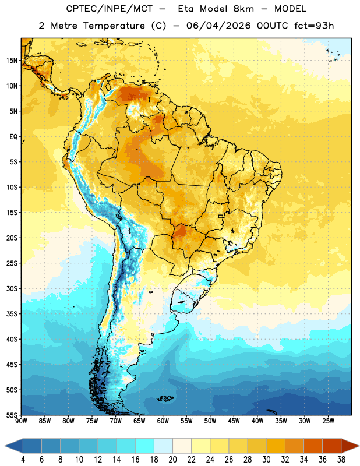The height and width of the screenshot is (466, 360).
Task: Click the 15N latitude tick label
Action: click(12, 61)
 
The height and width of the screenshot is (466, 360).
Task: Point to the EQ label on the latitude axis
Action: click(13, 137)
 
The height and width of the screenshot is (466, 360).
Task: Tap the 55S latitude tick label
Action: click(12, 415)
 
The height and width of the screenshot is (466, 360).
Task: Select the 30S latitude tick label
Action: click(12, 288)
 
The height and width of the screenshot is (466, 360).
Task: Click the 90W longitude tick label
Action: click(22, 421)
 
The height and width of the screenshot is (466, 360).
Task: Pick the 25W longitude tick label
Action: click(328, 421)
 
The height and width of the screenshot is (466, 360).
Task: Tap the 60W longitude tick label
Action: click(163, 421)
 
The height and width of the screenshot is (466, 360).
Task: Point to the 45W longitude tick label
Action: click(234, 421)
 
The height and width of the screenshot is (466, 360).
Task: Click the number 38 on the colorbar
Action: click(341, 460)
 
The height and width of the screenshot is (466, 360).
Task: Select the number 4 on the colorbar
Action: click(23, 460)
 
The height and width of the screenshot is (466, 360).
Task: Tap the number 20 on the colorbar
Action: click(172, 460)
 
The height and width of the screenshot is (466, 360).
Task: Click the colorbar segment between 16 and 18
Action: click(145, 446)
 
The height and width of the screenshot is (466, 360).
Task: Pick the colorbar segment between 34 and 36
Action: click(313, 446)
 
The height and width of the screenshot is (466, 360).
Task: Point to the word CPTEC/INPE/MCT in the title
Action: click(110, 9)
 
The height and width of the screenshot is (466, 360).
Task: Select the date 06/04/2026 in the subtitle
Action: click(218, 26)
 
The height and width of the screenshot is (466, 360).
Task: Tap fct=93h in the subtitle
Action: click(314, 26)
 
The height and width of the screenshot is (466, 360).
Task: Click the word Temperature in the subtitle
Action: click(114, 26)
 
